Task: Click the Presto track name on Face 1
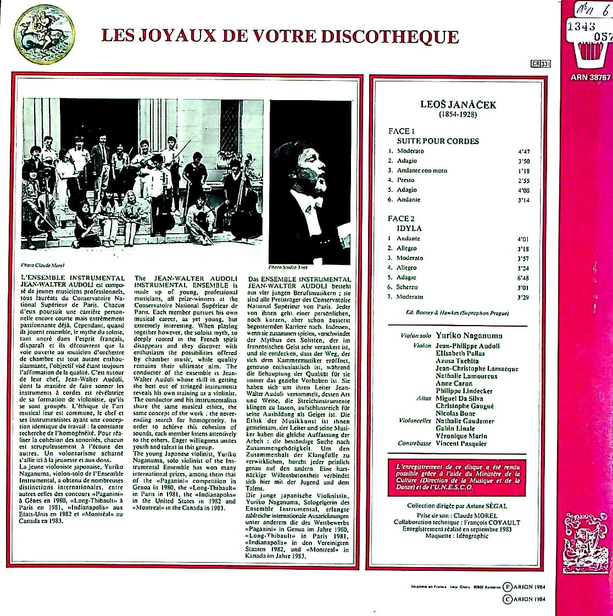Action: pos(405,180)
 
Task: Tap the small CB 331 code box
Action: pos(540,63)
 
